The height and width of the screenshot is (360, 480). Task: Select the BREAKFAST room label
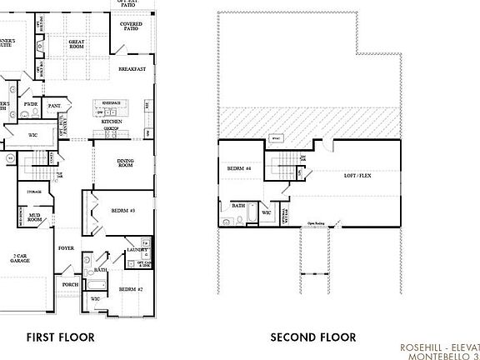[x=132, y=68]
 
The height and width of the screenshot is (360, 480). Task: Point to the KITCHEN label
[x=112, y=122]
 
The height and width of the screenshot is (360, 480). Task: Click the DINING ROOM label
[x=125, y=163]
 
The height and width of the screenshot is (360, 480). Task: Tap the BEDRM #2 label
[x=128, y=288]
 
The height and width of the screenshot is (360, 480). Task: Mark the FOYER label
[x=66, y=248]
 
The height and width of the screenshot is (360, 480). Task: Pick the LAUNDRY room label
[x=137, y=249]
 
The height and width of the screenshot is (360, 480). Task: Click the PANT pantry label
[x=54, y=106]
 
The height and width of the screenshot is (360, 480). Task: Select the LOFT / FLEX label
[x=360, y=176]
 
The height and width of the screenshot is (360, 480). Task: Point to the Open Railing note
[x=316, y=223]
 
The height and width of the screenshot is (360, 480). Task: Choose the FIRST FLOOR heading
[x=59, y=337]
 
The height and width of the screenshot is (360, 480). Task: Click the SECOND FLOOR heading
[x=312, y=337]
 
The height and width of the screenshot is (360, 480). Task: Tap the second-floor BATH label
[x=238, y=205]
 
